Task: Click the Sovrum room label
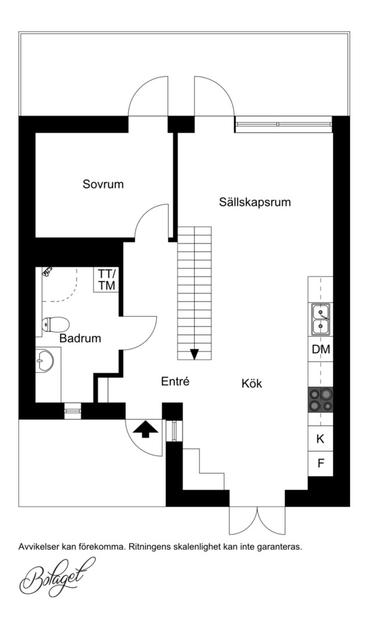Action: (x=103, y=185)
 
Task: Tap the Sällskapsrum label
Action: (x=255, y=202)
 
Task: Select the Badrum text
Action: (x=80, y=338)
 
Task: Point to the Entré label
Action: (x=175, y=381)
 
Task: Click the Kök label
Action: (x=252, y=383)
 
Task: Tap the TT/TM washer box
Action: (x=107, y=280)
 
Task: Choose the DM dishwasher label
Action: (x=321, y=349)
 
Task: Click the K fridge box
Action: (x=321, y=439)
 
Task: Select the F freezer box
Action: (x=321, y=464)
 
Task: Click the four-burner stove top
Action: (x=321, y=400)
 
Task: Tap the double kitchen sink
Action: (x=321, y=319)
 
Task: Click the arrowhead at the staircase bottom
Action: (x=195, y=354)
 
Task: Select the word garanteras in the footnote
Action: (x=281, y=546)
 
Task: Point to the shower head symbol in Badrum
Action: (x=47, y=271)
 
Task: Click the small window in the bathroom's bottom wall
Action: (x=73, y=411)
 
